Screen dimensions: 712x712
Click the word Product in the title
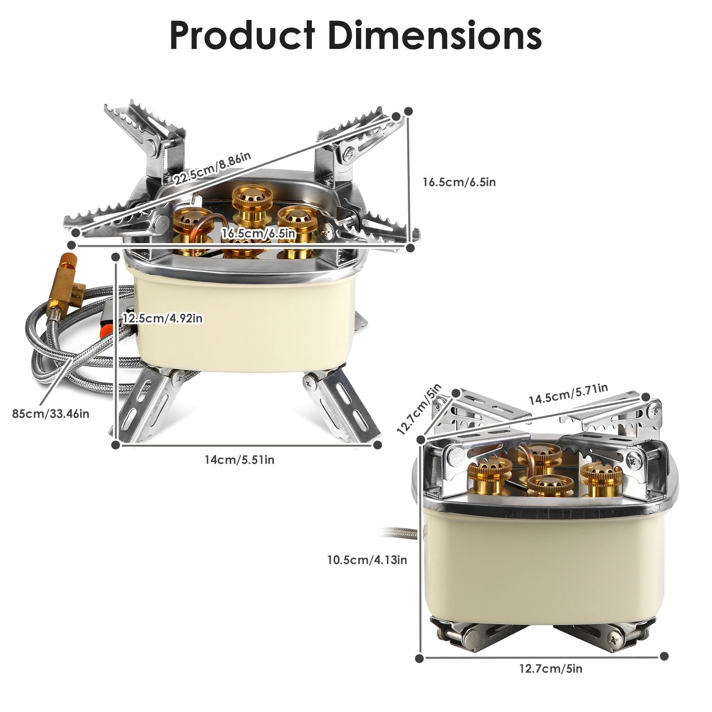[242, 36]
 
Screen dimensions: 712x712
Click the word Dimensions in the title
[434, 36]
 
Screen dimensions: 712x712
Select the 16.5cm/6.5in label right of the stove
[459, 182]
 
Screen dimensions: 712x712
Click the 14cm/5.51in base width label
[239, 459]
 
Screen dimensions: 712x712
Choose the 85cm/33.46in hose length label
[50, 413]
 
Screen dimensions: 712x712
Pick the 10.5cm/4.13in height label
[367, 560]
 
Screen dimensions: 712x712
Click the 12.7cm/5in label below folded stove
[551, 669]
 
